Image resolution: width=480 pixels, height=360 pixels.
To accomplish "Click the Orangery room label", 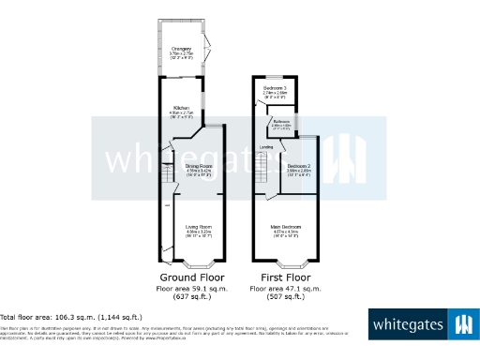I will click(182, 49).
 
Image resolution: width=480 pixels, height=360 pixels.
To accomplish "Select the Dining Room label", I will click(198, 166).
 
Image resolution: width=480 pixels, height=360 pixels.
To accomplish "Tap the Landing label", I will click(266, 147).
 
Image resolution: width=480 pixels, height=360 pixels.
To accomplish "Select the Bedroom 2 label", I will click(299, 166).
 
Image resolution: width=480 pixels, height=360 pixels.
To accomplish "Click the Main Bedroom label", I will click(286, 228).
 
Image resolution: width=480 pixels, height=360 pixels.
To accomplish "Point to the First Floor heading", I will click(285, 278).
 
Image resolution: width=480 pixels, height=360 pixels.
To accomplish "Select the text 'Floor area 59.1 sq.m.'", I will click(193, 289).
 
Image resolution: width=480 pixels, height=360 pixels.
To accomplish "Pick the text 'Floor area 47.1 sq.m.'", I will click(285, 289).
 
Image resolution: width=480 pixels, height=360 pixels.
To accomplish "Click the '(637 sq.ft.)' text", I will click(193, 297).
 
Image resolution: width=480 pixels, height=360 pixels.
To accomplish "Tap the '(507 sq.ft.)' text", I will click(285, 297).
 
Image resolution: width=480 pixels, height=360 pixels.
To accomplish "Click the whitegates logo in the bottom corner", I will click(421, 324).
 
